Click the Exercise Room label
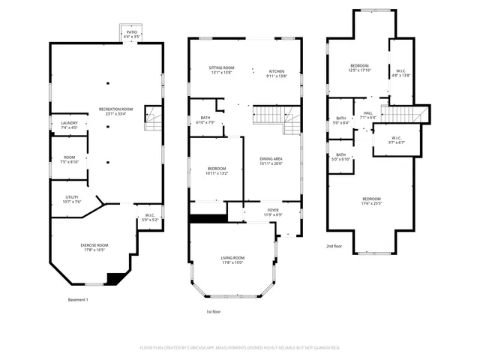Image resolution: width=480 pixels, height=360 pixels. (x=94, y=247)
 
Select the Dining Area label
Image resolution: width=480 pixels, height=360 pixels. (x=271, y=160)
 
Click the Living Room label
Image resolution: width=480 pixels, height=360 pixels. (x=232, y=260)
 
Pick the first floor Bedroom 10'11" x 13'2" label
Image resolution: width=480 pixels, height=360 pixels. (x=216, y=170)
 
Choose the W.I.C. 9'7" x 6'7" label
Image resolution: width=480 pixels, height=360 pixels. (x=396, y=139)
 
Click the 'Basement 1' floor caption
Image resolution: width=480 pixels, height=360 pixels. (x=78, y=300)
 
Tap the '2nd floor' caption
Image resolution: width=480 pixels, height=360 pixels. (x=334, y=245)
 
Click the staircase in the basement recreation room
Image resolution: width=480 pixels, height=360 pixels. (x=153, y=117)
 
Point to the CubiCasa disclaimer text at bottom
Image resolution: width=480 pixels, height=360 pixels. (x=240, y=348)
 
